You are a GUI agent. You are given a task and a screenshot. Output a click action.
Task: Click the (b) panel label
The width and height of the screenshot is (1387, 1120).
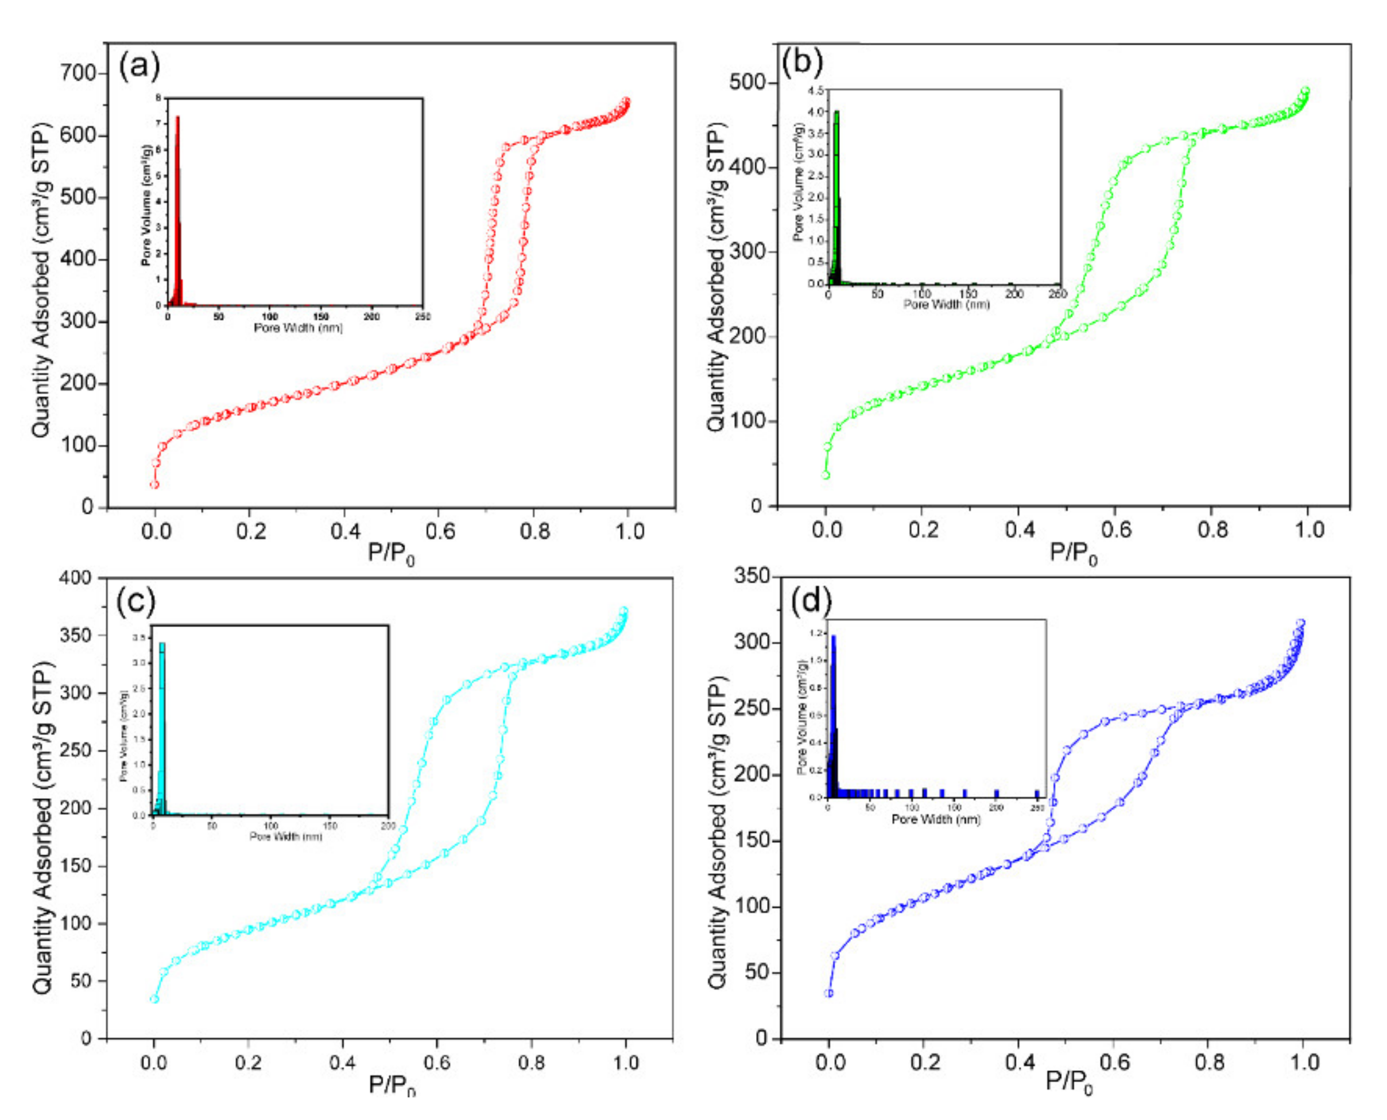(801, 63)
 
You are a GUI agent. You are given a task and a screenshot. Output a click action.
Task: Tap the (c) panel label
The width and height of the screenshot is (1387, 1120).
(135, 601)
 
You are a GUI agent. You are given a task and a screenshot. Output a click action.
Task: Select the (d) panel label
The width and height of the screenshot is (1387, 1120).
(811, 600)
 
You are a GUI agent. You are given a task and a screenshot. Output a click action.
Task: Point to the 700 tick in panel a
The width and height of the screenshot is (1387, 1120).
(78, 73)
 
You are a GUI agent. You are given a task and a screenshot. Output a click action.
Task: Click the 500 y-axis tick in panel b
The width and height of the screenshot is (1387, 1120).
(750, 83)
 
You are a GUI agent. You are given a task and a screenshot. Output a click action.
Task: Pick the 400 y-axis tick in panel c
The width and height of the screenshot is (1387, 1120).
(76, 578)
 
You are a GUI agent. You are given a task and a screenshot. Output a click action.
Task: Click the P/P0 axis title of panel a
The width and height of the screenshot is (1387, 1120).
(390, 553)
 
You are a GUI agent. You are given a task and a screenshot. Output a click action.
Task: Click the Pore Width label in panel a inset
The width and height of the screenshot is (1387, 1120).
(297, 328)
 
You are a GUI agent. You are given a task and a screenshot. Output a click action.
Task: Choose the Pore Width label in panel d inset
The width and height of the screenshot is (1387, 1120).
(935, 819)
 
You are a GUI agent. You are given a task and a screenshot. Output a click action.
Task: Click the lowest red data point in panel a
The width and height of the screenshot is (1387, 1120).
(154, 484)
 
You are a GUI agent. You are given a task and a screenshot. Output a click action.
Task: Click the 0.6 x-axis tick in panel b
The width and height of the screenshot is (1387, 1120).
(1116, 530)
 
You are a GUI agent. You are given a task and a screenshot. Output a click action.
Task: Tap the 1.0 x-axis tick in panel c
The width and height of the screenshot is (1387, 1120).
(625, 1063)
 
